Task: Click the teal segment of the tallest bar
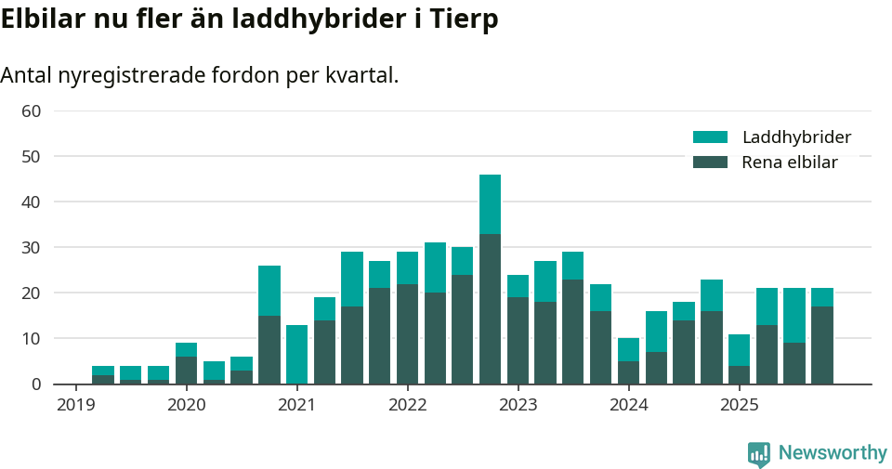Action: pyautogui.click(x=490, y=204)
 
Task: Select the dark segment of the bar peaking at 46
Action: pyautogui.click(x=490, y=308)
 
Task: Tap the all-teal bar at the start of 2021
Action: pyautogui.click(x=296, y=354)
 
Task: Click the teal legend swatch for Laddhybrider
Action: pyautogui.click(x=710, y=137)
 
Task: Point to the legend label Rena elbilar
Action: pyautogui.click(x=789, y=163)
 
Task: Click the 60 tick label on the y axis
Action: pyautogui.click(x=31, y=111)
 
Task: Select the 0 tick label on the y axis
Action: pyautogui.click(x=36, y=384)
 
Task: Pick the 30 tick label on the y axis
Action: pyautogui.click(x=31, y=247)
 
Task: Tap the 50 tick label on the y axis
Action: pyautogui.click(x=31, y=156)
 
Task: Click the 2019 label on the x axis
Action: pyautogui.click(x=75, y=405)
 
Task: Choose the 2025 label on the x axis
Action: pyautogui.click(x=740, y=405)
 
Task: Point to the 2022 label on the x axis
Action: pyautogui.click(x=407, y=405)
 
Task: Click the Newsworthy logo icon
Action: pyautogui.click(x=758, y=454)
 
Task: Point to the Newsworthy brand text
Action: pyautogui.click(x=833, y=453)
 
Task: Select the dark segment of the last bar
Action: pyautogui.click(x=822, y=345)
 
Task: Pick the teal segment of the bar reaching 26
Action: pyautogui.click(x=269, y=291)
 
